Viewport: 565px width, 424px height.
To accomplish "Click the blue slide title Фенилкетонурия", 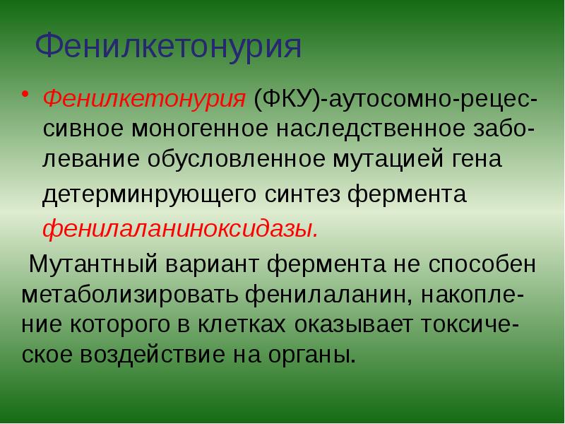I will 168,47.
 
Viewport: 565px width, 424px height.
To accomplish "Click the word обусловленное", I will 236,160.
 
